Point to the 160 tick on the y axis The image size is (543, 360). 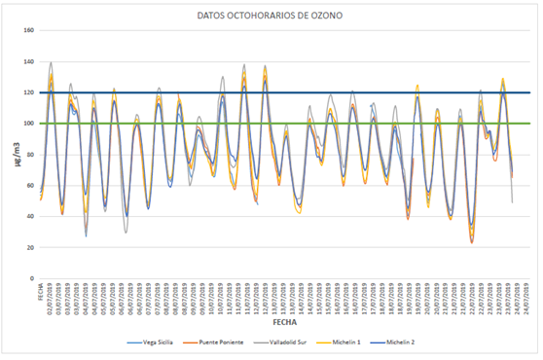click(x=28, y=31)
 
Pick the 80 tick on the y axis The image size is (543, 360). click(x=30, y=155)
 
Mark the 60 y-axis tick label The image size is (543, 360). click(x=30, y=186)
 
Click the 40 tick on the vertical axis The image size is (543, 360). click(x=30, y=217)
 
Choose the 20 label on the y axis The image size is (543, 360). click(x=30, y=248)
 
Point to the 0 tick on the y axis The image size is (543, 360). click(x=32, y=279)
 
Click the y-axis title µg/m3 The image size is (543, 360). click(x=13, y=154)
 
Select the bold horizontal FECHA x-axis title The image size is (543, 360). click(x=285, y=320)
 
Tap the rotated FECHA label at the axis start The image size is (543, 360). click(x=41, y=291)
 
